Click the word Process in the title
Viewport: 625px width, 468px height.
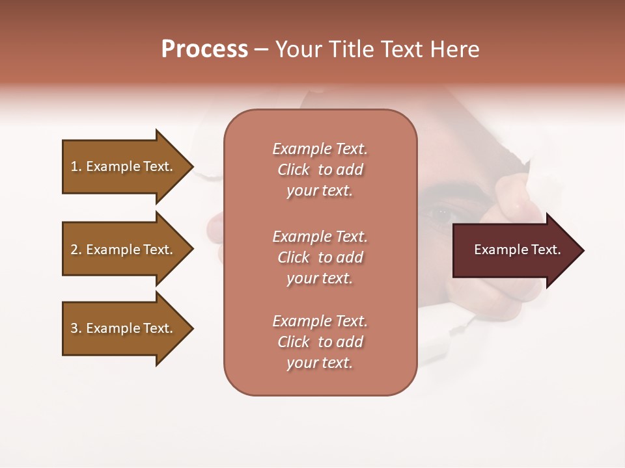click(204, 49)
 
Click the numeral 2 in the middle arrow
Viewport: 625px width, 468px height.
click(74, 250)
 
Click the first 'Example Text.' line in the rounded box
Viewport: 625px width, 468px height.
click(320, 149)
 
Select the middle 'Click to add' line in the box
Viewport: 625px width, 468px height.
click(320, 257)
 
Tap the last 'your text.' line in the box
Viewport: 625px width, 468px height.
click(320, 363)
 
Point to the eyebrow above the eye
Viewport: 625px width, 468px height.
click(449, 192)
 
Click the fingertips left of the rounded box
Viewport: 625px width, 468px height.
click(215, 231)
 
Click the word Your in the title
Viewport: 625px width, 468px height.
click(298, 49)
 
